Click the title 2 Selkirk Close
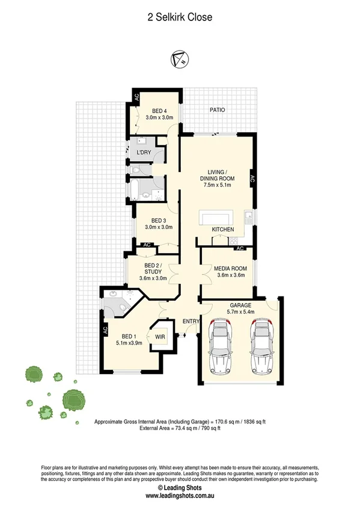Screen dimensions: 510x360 point(180,17)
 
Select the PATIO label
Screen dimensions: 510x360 point(217,110)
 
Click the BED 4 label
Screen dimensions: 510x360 point(159,110)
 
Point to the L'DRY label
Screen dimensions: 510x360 point(144,153)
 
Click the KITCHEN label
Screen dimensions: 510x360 point(222,230)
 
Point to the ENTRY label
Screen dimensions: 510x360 point(191,322)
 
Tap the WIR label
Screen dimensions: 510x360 point(160,337)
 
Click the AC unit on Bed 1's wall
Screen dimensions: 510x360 point(105,330)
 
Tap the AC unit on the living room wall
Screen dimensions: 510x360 point(252,178)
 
